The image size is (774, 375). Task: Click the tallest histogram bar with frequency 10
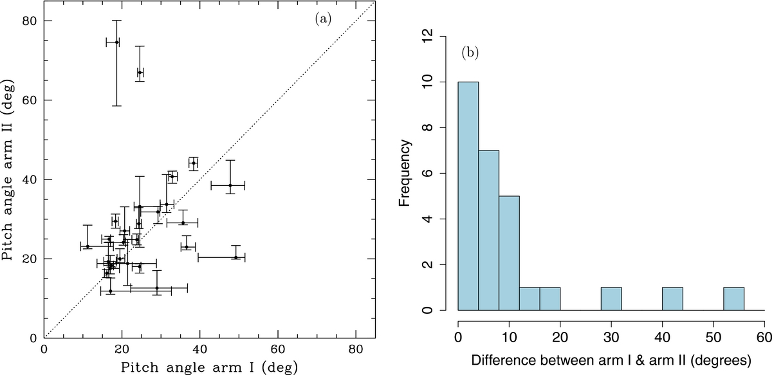tap(468, 196)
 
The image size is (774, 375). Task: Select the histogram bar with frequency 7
tap(488, 230)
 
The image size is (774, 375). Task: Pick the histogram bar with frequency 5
tap(509, 253)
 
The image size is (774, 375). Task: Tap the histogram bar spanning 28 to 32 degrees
tap(611, 298)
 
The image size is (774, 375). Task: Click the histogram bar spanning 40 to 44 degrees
tap(672, 298)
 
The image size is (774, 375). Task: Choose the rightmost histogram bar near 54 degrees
tap(734, 298)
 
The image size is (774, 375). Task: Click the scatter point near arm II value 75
tap(117, 42)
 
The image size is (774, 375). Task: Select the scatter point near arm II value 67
tap(140, 73)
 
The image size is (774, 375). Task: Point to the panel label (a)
tap(323, 19)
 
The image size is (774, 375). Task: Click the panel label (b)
tap(470, 53)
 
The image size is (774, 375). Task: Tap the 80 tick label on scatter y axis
tap(30, 21)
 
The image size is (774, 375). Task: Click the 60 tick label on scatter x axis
tap(278, 349)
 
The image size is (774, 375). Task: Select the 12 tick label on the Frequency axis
tap(427, 36)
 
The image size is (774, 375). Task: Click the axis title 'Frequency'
tap(404, 173)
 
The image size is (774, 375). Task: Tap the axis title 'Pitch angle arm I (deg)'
tap(209, 367)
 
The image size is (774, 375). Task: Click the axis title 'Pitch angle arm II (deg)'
tap(8, 170)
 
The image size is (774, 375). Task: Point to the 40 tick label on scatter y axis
tap(30, 179)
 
